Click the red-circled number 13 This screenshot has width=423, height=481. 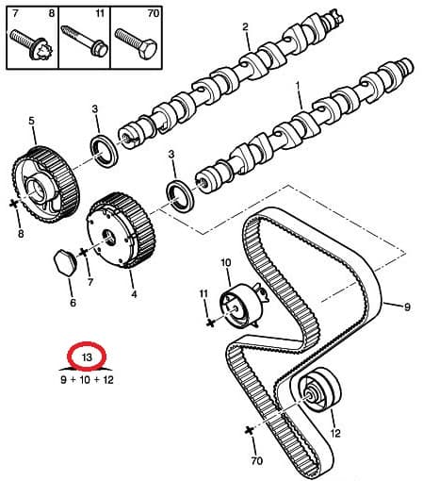(x=87, y=357)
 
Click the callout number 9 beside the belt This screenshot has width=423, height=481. (x=407, y=307)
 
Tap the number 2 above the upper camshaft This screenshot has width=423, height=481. (x=245, y=26)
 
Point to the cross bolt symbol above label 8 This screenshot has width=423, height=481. (x=14, y=204)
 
